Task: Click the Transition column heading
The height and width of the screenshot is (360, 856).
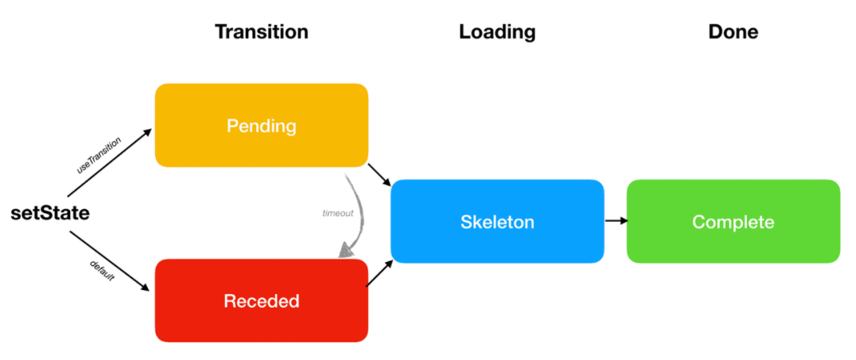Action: [x=261, y=32]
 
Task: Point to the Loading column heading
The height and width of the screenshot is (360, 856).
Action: [x=497, y=32]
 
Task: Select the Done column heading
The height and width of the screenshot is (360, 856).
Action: [x=733, y=32]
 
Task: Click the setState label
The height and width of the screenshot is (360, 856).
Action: [x=50, y=214]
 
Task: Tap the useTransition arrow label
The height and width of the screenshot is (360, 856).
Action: [x=98, y=155]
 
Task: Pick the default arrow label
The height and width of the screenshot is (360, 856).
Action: [x=101, y=271]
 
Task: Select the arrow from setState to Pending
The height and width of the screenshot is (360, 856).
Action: [x=109, y=162]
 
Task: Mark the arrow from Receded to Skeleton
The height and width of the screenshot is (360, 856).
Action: [x=379, y=273]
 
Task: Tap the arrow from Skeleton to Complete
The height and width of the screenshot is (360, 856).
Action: [x=616, y=221]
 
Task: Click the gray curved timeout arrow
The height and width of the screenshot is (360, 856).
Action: [x=357, y=209]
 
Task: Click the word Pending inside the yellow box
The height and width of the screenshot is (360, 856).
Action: [x=261, y=126]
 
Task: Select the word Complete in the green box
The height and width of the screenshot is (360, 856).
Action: [x=733, y=222]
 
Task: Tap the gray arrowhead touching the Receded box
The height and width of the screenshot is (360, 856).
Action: [x=346, y=251]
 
